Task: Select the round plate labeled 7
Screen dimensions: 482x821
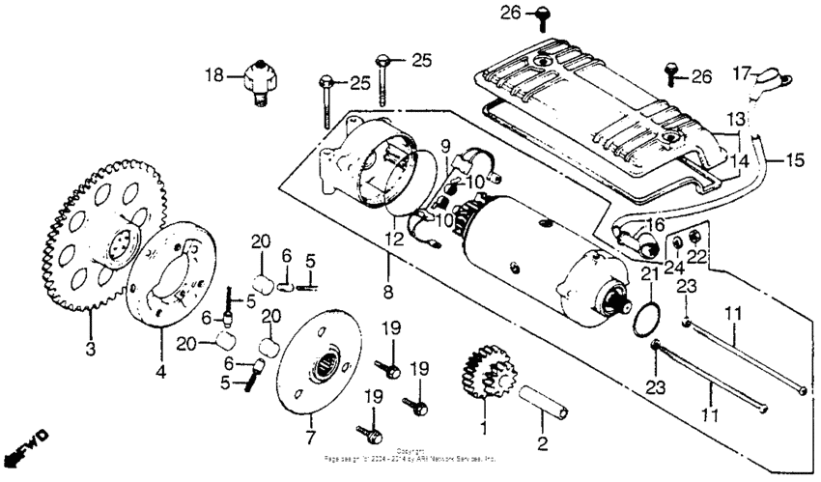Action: (309, 367)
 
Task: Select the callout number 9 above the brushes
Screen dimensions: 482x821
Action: (445, 146)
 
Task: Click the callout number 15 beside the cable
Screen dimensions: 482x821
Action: (795, 159)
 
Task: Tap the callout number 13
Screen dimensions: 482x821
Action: (738, 119)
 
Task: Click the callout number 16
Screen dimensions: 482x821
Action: (657, 223)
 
